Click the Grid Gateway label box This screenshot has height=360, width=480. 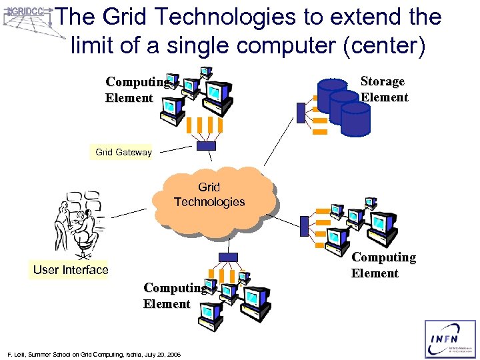(x=123, y=152)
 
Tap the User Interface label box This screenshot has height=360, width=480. (x=71, y=269)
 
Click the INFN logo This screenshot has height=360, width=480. (x=451, y=339)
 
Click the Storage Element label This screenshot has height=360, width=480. (x=383, y=89)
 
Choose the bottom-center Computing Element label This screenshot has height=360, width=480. (x=174, y=296)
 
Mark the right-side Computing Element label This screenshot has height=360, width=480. (x=383, y=265)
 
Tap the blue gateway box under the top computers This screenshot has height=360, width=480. (x=207, y=146)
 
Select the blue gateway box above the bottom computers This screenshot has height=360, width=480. (x=228, y=257)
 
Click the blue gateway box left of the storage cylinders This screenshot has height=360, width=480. (x=301, y=114)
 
